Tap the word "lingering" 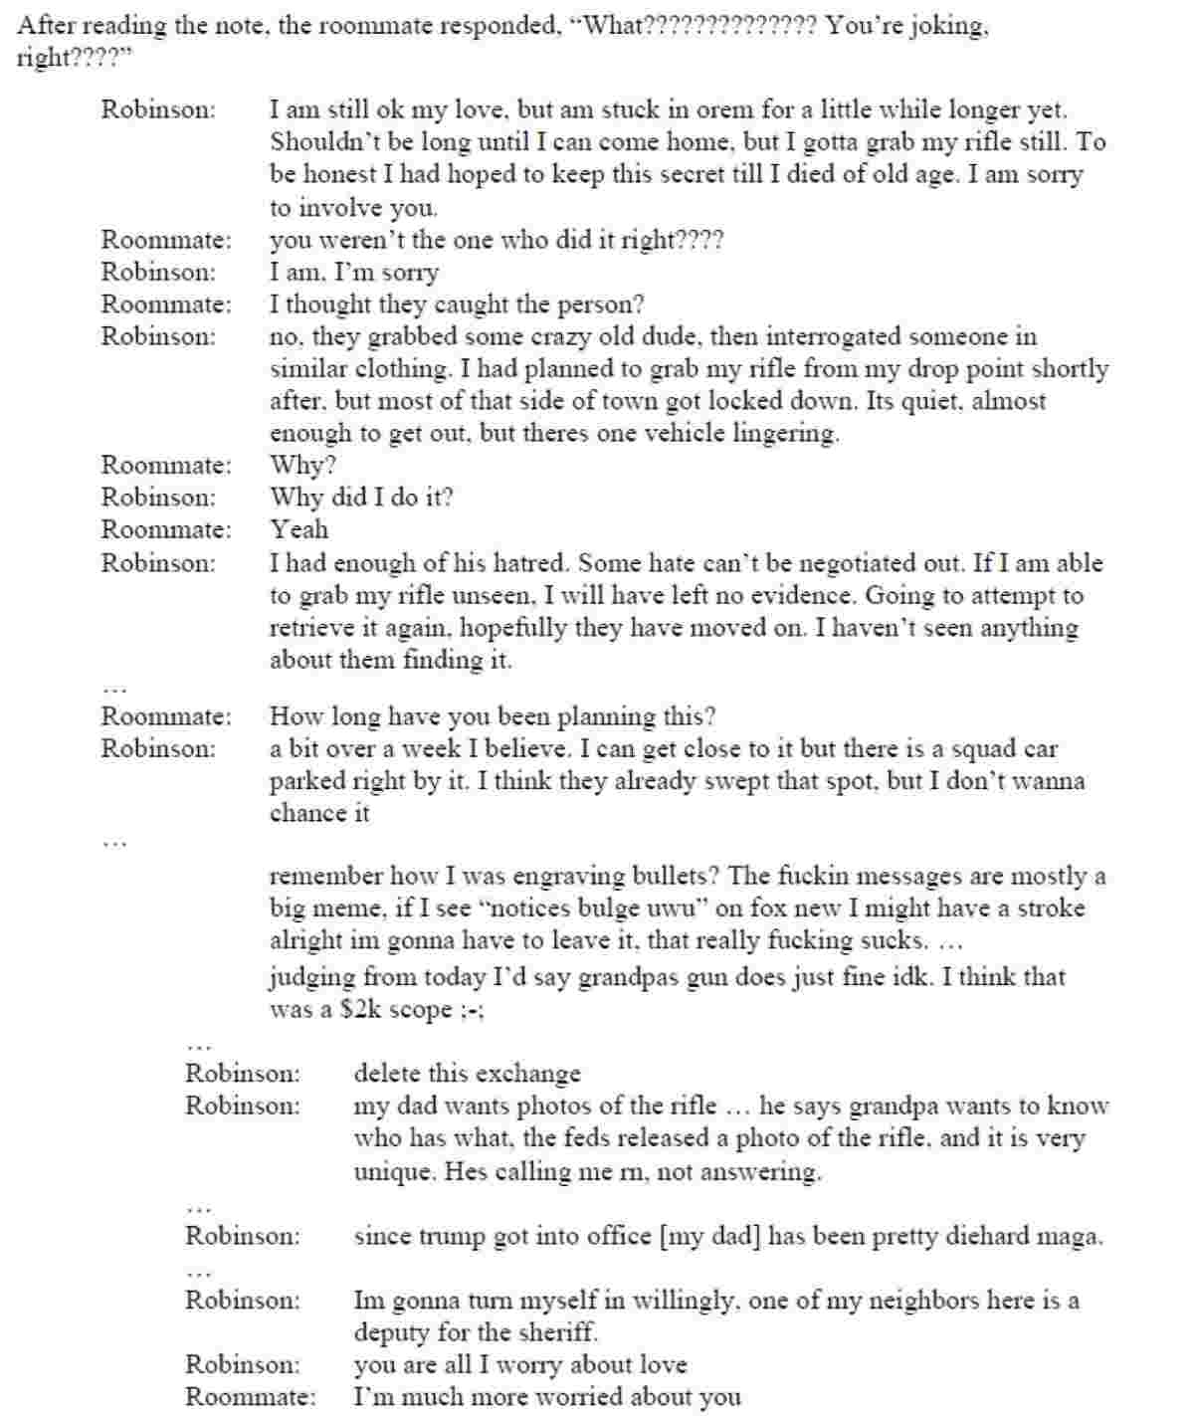click(783, 434)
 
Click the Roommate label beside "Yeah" click(165, 529)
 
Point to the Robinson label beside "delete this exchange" click(242, 1074)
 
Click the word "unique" click(394, 1171)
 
